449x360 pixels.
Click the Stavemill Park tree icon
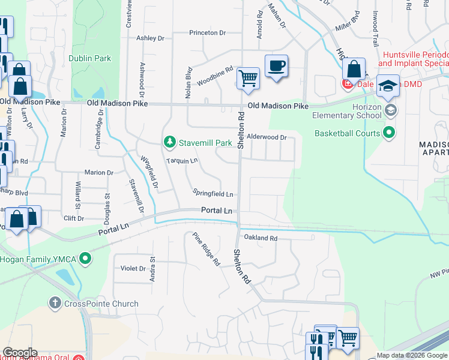[x=170, y=143]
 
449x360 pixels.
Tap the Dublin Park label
[x=89, y=59]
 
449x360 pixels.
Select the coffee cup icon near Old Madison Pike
[x=276, y=67]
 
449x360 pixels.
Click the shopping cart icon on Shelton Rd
[x=248, y=78]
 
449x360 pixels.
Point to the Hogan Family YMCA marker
[x=86, y=259]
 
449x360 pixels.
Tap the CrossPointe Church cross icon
[x=55, y=304]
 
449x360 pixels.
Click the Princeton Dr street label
[x=208, y=33]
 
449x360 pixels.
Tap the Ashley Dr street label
[x=150, y=38]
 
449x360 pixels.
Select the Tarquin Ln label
[x=182, y=161]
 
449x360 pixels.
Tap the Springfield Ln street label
[x=212, y=193]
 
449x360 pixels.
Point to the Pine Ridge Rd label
[x=206, y=249]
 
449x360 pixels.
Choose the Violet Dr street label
[x=133, y=268]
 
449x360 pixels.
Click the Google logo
[x=19, y=353]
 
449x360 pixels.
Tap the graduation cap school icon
[x=388, y=85]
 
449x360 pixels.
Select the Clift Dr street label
[x=73, y=218]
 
